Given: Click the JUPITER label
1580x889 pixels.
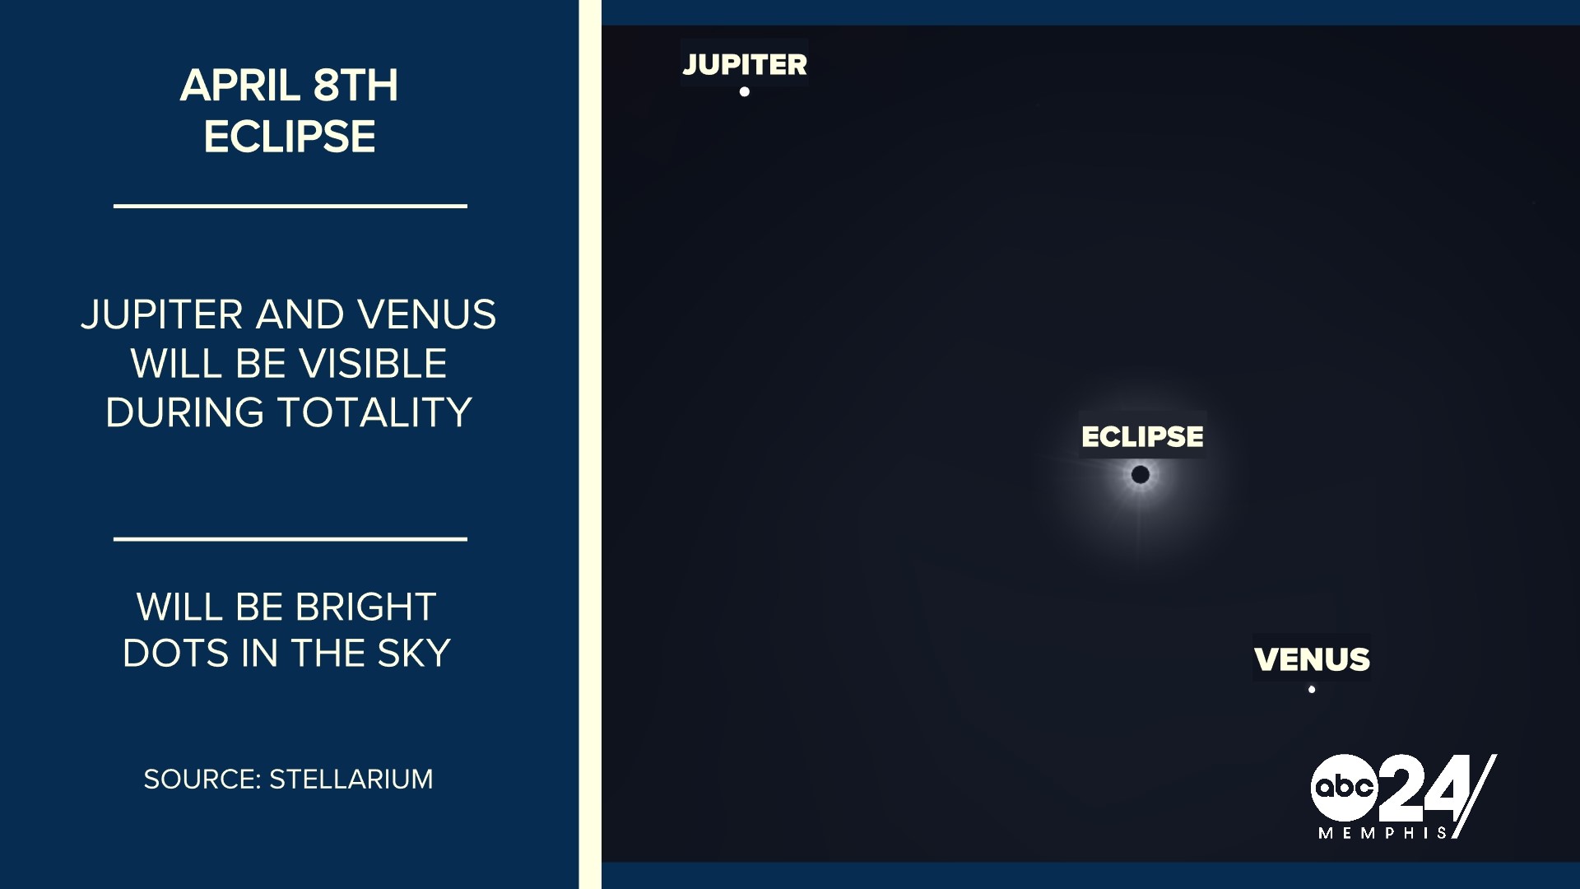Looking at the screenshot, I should (x=745, y=64).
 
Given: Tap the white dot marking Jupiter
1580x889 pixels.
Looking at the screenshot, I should (x=745, y=92).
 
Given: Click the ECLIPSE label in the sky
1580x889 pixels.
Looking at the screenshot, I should (x=1142, y=436).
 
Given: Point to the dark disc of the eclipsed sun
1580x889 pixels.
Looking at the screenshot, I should (x=1141, y=475).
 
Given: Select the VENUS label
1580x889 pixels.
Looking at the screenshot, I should (x=1312, y=659).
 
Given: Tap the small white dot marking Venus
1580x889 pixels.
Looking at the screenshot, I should (x=1312, y=690).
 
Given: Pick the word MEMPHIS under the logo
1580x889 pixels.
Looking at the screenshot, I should (x=1382, y=833).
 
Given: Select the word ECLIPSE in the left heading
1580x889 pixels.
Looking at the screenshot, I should (x=290, y=137).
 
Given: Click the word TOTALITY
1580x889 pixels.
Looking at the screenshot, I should (x=374, y=412).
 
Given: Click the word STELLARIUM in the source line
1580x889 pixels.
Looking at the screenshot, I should (x=351, y=780).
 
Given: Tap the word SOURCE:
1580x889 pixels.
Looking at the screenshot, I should (x=202, y=780).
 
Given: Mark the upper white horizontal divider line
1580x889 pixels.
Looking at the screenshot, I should (x=290, y=206).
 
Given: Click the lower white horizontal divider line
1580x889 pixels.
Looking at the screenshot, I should (x=290, y=539).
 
